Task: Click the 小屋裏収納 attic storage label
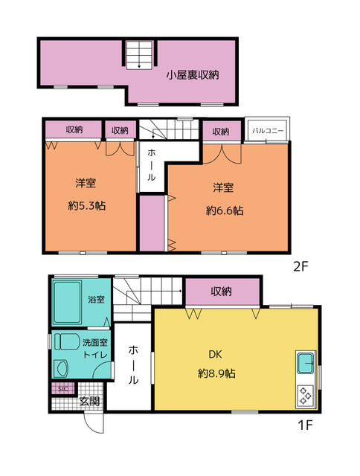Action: pyautogui.click(x=193, y=75)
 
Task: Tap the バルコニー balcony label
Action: pyautogui.click(x=268, y=131)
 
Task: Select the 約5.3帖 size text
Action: pyautogui.click(x=87, y=206)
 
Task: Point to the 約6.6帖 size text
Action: pyautogui.click(x=225, y=210)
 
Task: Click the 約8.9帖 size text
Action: pyautogui.click(x=216, y=373)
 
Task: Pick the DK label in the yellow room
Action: pyautogui.click(x=215, y=354)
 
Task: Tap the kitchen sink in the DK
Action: pyautogui.click(x=306, y=363)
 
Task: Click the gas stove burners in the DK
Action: pyautogui.click(x=306, y=396)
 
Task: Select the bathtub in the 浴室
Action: pyautogui.click(x=68, y=303)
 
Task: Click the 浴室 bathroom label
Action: pyautogui.click(x=96, y=299)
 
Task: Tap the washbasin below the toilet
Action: pyautogui.click(x=62, y=369)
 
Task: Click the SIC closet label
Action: pyautogui.click(x=62, y=389)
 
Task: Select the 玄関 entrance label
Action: pyautogui.click(x=89, y=402)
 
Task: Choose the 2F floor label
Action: pyautogui.click(x=300, y=266)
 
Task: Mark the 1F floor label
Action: pyautogui.click(x=305, y=425)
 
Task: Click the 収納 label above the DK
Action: pyautogui.click(x=222, y=292)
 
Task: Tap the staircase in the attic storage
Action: pyautogui.click(x=139, y=54)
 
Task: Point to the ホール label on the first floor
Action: pyautogui.click(x=132, y=364)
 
